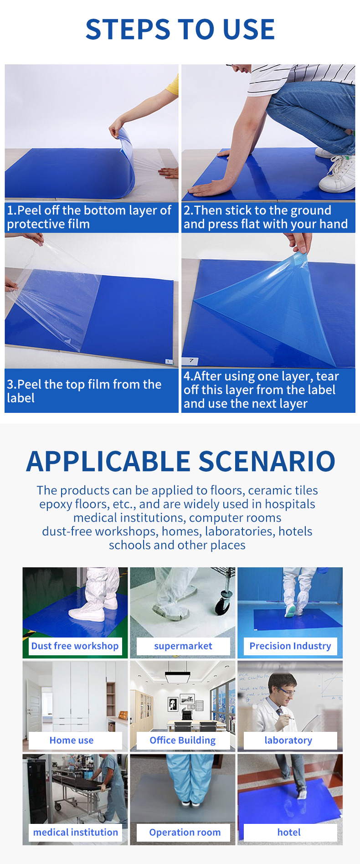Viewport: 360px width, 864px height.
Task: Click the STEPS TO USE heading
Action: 180,30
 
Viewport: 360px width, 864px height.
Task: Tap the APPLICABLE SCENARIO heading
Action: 180,461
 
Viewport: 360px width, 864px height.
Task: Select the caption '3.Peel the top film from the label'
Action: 84,391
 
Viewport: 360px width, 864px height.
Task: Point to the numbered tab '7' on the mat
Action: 191,361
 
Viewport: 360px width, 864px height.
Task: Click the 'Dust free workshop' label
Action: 75,646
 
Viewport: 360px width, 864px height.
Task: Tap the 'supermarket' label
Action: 183,646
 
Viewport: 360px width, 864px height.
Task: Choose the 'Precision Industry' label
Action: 290,646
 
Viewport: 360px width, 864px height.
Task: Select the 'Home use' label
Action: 72,740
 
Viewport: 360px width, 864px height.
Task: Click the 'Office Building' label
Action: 183,740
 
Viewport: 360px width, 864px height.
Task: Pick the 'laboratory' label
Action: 288,740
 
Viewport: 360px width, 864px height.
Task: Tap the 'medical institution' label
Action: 76,832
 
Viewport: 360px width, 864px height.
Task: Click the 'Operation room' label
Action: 185,832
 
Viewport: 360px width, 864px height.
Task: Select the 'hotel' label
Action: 289,832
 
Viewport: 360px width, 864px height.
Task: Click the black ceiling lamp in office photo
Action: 177,677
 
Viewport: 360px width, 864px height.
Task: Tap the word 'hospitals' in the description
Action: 290,504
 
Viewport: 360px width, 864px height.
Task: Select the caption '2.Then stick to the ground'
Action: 257,210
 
